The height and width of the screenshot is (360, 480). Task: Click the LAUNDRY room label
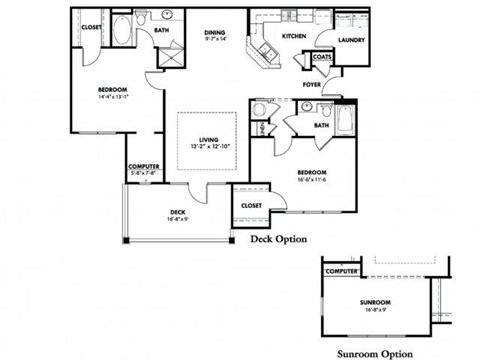(350, 40)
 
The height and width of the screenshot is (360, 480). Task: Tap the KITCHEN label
(293, 36)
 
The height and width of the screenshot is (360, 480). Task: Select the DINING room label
(215, 32)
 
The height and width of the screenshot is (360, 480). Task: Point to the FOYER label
(312, 85)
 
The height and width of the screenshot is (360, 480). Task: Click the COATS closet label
(322, 57)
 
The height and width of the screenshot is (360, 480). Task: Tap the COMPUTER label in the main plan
(144, 166)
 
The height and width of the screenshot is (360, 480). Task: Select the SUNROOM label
(377, 302)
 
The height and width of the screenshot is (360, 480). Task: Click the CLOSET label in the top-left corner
(90, 27)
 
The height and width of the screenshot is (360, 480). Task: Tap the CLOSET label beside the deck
(251, 206)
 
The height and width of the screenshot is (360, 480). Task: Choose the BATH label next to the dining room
(161, 31)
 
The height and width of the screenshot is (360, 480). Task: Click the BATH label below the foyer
(321, 125)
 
